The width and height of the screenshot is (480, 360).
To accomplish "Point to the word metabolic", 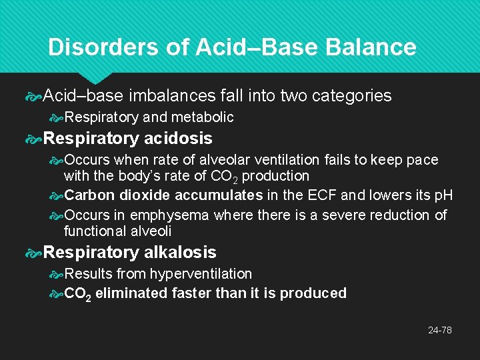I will (203, 117).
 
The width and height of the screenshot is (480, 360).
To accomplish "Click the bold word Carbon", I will (92, 195).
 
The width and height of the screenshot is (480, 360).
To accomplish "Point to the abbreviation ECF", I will (321, 195).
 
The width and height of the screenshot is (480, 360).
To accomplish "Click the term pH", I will (443, 195).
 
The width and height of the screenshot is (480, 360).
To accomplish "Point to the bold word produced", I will (313, 293).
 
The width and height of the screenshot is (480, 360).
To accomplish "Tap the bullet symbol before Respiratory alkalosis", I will (33, 253).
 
